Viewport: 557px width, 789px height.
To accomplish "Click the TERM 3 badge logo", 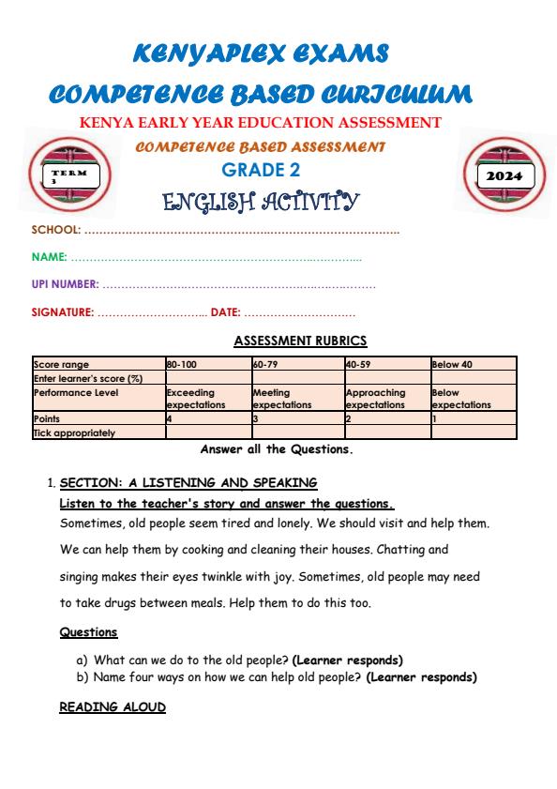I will pyautogui.click(x=72, y=175).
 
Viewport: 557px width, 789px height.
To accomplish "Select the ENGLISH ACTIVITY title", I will pyautogui.click(x=261, y=201).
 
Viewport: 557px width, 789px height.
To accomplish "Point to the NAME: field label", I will pyautogui.click(x=50, y=257).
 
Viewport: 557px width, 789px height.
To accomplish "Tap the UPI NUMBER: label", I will pyautogui.click(x=65, y=284).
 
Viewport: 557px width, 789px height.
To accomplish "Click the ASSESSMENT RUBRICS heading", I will pyautogui.click(x=300, y=341).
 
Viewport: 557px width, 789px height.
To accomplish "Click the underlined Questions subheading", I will pyautogui.click(x=88, y=632).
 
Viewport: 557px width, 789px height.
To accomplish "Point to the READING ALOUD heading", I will pyautogui.click(x=113, y=706).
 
